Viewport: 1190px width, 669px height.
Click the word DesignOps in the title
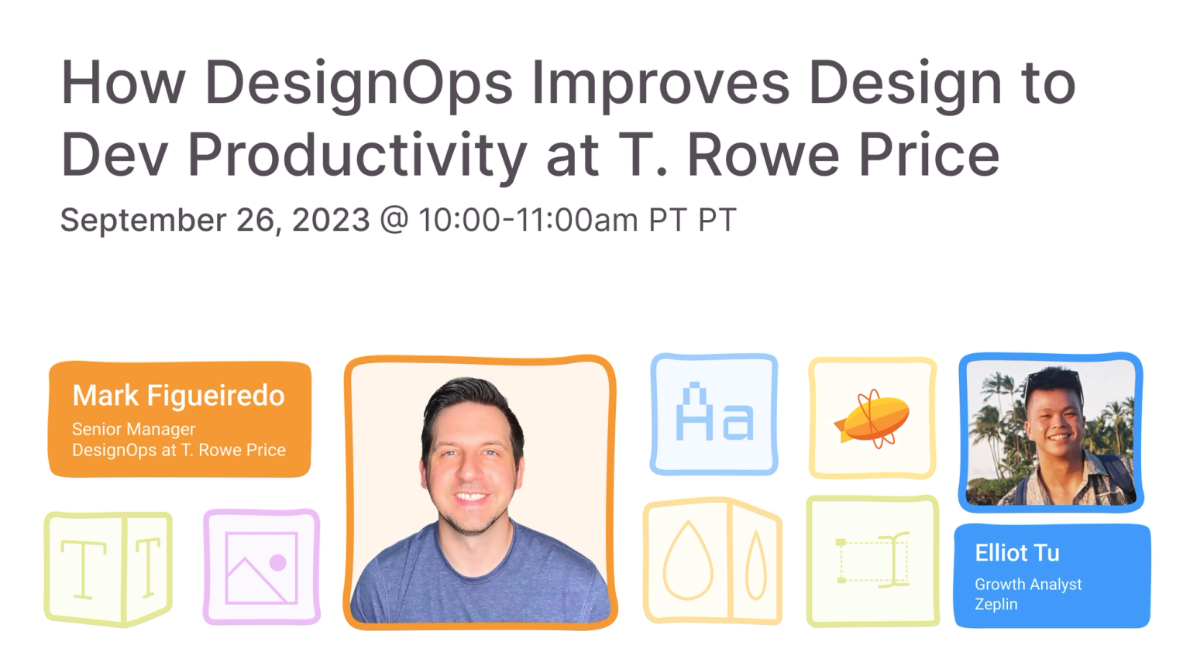(x=358, y=84)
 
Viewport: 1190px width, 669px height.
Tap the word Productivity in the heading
(x=357, y=155)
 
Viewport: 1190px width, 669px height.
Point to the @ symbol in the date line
(x=394, y=220)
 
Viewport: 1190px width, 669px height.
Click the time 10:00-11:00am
(x=528, y=220)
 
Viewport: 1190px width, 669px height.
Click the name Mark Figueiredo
(x=178, y=396)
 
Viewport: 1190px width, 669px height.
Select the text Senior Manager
(x=133, y=429)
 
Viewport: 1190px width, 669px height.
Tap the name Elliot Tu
(x=1016, y=553)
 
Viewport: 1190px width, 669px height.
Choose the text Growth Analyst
(x=1027, y=585)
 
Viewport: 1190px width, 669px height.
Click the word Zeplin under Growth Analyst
(x=996, y=604)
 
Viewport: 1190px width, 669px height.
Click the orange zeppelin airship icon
(x=872, y=419)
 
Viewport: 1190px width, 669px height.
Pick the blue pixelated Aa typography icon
(x=714, y=414)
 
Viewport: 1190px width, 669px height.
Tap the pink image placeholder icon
(x=261, y=568)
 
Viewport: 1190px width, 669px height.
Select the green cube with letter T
(x=108, y=569)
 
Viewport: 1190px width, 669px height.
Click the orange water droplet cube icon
(x=712, y=561)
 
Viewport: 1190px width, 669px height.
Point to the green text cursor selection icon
(x=872, y=561)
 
